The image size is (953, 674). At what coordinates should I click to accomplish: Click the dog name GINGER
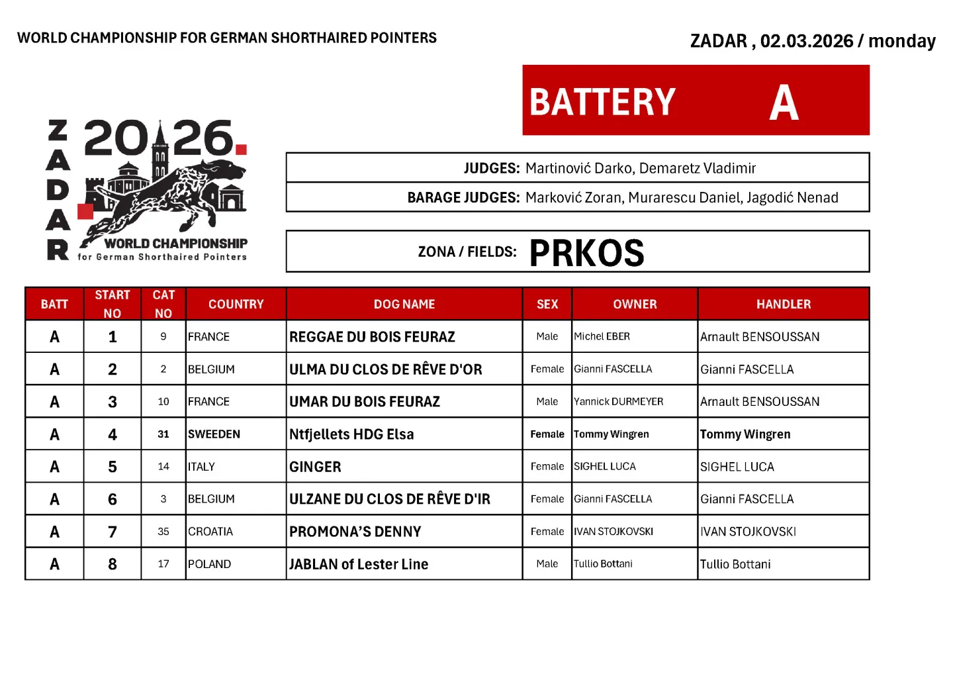click(x=315, y=467)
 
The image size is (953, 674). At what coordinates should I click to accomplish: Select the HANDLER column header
click(x=783, y=304)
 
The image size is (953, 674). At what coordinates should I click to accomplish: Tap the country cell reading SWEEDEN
click(x=214, y=434)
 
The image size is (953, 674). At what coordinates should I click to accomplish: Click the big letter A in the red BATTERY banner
click(x=784, y=103)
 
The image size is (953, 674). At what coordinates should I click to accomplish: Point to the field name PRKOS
click(x=586, y=253)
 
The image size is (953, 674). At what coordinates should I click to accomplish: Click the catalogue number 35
click(x=163, y=532)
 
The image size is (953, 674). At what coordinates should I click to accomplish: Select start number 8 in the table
click(x=113, y=564)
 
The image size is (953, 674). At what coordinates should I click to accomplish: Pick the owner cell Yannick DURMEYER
click(x=618, y=402)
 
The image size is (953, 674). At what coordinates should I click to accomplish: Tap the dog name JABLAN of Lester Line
click(x=359, y=564)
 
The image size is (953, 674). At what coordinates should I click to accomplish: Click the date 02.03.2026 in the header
click(x=806, y=41)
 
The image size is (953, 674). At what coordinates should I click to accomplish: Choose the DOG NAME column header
click(x=404, y=304)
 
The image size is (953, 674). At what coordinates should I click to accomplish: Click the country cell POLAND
click(x=209, y=564)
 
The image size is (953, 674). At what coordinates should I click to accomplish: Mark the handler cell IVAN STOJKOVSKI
click(x=748, y=532)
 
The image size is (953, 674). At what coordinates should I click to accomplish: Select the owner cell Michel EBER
click(x=602, y=336)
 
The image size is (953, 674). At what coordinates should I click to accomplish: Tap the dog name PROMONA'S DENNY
click(x=355, y=532)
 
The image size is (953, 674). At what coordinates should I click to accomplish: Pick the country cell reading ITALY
click(x=201, y=467)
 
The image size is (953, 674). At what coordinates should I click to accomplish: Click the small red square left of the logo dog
click(x=85, y=211)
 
